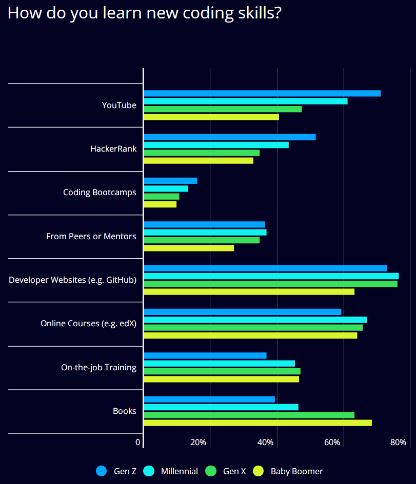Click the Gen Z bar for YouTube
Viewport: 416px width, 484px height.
coord(263,94)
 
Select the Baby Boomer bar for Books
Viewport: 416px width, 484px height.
coord(258,423)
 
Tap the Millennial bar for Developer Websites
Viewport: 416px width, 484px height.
coord(271,276)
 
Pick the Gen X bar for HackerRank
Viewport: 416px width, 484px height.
coord(202,153)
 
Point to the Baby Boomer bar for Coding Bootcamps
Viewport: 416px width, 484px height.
coord(160,204)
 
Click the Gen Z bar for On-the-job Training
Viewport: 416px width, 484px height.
coord(205,355)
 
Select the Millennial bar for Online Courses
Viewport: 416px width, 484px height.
coord(255,320)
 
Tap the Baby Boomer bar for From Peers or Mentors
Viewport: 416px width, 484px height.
coord(189,248)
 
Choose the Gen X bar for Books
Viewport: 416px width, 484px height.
coord(249,415)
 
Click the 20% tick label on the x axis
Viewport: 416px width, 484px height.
coord(198,443)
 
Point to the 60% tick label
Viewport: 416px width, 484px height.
coord(332,443)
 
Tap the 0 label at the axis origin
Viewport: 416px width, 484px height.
coord(138,443)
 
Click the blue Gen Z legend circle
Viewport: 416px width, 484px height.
coord(102,471)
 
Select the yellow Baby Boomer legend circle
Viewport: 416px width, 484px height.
coord(259,471)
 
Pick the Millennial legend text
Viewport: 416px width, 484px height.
coord(179,471)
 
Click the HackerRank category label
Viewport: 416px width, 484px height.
coord(113,149)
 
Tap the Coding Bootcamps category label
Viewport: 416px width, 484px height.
coord(100,192)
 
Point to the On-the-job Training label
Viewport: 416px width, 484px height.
coord(98,367)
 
